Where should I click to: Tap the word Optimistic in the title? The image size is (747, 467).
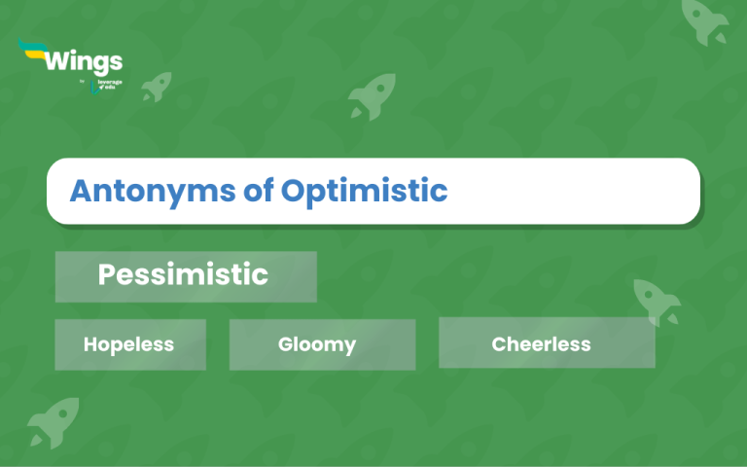365,191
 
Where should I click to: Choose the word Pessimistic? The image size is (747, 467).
183,275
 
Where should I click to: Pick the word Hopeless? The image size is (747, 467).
128,344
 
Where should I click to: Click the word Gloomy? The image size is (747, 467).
317,344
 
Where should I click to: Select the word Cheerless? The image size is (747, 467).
541,344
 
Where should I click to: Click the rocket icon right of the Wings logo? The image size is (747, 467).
156,87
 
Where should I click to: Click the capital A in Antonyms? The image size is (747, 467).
81,191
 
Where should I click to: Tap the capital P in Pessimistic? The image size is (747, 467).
106,275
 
